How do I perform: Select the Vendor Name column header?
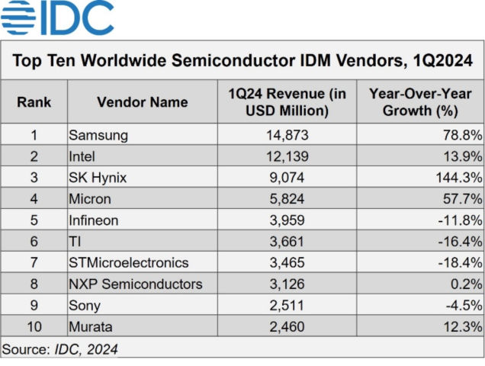point(142,102)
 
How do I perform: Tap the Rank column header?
point(34,102)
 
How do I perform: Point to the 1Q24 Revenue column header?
point(287,102)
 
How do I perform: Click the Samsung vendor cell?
point(98,135)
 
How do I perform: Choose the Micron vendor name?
point(90,199)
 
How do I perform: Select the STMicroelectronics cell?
point(128,263)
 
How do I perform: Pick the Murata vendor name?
point(90,327)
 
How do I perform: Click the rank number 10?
point(34,327)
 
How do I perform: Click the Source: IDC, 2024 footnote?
point(60,349)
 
